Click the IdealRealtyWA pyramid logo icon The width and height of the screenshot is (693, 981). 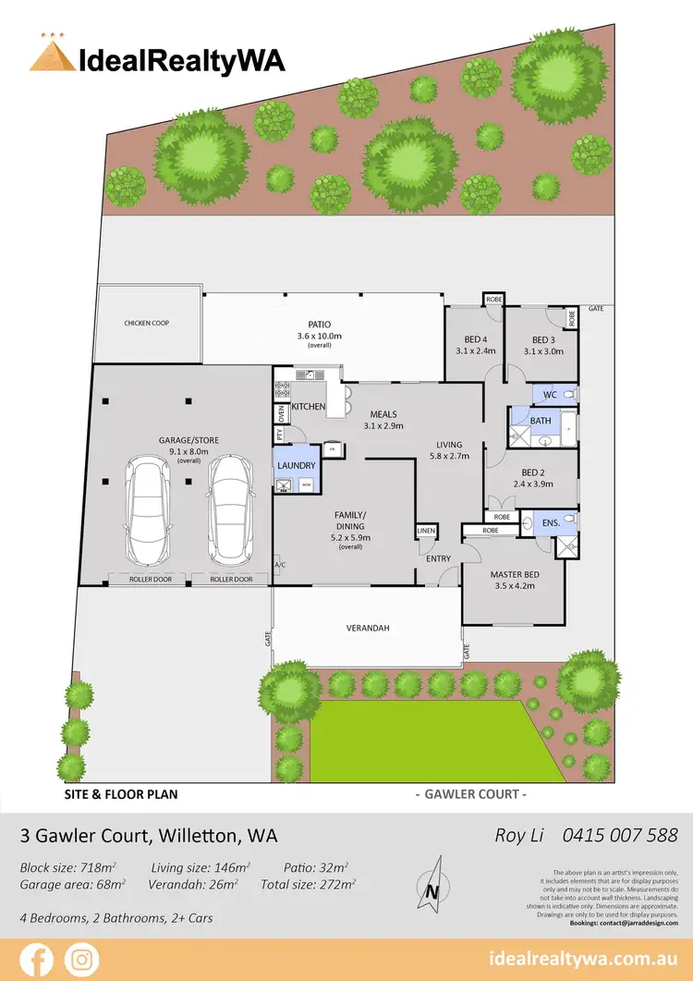(53, 55)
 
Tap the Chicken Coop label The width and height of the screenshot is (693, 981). (147, 323)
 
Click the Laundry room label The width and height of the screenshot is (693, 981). (297, 465)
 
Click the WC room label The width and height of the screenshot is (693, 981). (550, 395)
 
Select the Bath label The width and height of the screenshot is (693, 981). (541, 421)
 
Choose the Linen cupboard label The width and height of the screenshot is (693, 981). (425, 531)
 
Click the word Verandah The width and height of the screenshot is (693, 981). (368, 628)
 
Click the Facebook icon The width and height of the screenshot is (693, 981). (37, 960)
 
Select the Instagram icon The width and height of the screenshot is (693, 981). (82, 960)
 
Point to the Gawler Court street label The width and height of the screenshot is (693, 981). (470, 794)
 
